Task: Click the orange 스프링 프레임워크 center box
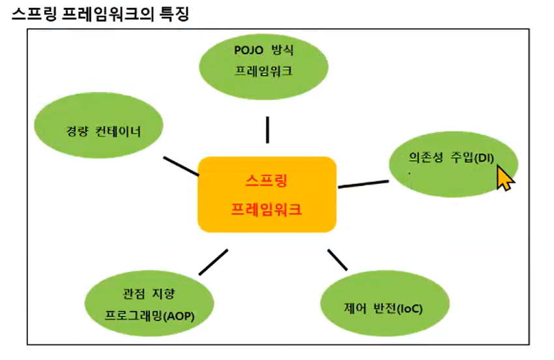[267, 194]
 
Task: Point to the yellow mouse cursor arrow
[504, 177]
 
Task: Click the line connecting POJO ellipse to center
[267, 130]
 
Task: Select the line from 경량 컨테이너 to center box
[181, 166]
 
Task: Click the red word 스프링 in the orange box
[267, 179]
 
